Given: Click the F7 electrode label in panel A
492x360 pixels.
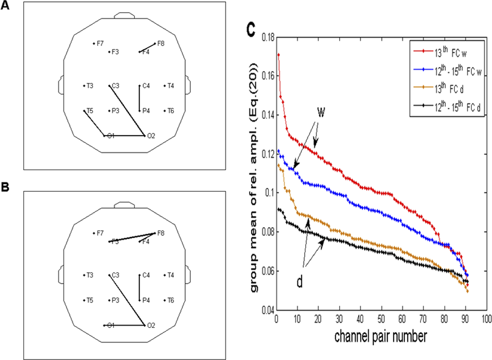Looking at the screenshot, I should pyautogui.click(x=100, y=43).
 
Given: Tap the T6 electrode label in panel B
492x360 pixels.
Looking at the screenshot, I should pyautogui.click(x=170, y=300).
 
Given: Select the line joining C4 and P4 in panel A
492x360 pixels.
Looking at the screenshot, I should pyautogui.click(x=140, y=98).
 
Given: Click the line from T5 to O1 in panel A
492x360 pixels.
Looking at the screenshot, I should pyautogui.click(x=94, y=123).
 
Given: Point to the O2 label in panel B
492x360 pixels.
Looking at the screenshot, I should pyautogui.click(x=151, y=325).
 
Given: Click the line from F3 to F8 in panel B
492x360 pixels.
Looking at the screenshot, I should pyautogui.click(x=132, y=237).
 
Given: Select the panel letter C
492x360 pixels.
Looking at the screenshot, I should pyautogui.click(x=251, y=30).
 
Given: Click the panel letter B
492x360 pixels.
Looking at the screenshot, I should pyautogui.click(x=5, y=187).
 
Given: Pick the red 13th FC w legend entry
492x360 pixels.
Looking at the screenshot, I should pyautogui.click(x=450, y=52).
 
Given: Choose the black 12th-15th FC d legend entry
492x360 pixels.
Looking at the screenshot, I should pyautogui.click(x=457, y=106).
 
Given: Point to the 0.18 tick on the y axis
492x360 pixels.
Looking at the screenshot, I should pyautogui.click(x=268, y=37).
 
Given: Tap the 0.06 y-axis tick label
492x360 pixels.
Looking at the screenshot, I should pyautogui.click(x=268, y=271).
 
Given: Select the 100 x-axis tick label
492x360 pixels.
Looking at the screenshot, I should pyautogui.click(x=486, y=319).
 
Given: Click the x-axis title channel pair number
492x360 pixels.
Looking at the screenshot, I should pyautogui.click(x=380, y=337).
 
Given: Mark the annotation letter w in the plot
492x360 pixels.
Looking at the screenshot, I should pyautogui.click(x=321, y=112).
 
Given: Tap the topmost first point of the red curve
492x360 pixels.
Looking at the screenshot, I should pyautogui.click(x=278, y=55).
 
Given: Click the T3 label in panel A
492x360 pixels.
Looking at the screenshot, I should pyautogui.click(x=90, y=86).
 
